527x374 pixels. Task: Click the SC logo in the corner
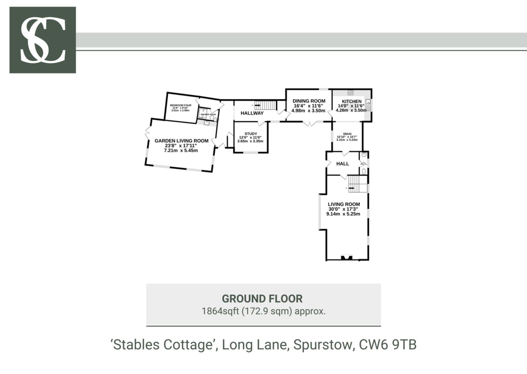[x=43, y=40]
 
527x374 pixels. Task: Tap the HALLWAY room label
[x=252, y=113]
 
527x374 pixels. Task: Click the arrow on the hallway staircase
[x=257, y=105]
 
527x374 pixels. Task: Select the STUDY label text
[x=251, y=134]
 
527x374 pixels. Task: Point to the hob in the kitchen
[x=350, y=92]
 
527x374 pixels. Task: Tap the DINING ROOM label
[x=309, y=101]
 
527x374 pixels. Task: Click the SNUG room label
[x=347, y=134]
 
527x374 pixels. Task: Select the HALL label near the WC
[x=343, y=164]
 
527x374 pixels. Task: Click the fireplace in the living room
[x=347, y=257]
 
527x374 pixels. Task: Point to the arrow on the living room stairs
[x=351, y=188]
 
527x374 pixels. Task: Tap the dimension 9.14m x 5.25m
[x=343, y=214]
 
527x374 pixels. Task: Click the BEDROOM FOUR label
[x=180, y=105]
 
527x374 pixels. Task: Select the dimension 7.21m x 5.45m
[x=181, y=151]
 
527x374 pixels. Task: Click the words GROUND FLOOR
[x=262, y=299]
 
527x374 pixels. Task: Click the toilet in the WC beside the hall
[x=364, y=171]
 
